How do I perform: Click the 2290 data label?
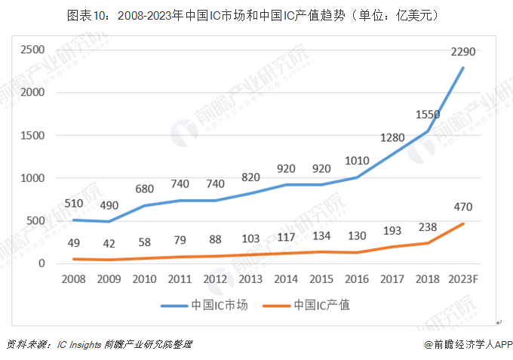[x=462, y=52]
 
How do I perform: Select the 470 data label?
[x=462, y=205]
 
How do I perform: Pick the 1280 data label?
[x=392, y=138]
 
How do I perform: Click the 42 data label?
[x=110, y=243]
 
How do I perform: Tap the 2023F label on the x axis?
[x=462, y=278]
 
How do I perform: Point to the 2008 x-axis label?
[x=73, y=278]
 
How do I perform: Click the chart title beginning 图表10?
[x=256, y=14]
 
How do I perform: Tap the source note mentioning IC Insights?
[x=99, y=344]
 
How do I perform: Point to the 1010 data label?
[x=358, y=161]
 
